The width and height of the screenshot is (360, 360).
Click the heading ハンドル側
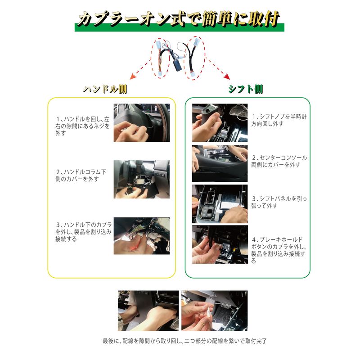pyautogui.click(x=105, y=89)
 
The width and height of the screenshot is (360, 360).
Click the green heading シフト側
pyautogui.click(x=246, y=89)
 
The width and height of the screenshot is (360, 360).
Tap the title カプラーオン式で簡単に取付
pyautogui.click(x=179, y=19)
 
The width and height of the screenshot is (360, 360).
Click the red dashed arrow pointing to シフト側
pyautogui.click(x=218, y=68)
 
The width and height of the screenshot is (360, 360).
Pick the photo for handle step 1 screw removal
pyautogui.click(x=142, y=123)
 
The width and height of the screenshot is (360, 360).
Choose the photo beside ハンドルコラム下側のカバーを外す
pyautogui.click(x=142, y=179)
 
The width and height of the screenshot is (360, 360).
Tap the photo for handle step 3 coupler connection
pyautogui.click(x=142, y=236)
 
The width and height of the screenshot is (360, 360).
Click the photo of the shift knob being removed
pyautogui.click(x=220, y=123)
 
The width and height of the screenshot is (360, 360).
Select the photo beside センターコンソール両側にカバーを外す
pyautogui.click(x=220, y=163)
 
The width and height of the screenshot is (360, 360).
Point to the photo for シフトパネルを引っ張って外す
pyautogui.click(x=220, y=204)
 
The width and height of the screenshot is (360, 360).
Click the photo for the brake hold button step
pyautogui.click(x=220, y=244)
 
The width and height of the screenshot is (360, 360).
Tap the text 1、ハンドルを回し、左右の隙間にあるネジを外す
pyautogui.click(x=83, y=126)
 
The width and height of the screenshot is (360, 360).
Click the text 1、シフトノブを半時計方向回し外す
pyautogui.click(x=279, y=120)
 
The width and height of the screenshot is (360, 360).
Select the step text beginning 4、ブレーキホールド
pyautogui.click(x=279, y=250)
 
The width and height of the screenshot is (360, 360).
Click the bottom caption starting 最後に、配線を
pyautogui.click(x=185, y=341)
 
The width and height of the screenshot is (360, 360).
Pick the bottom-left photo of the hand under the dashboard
pyautogui.click(x=148, y=310)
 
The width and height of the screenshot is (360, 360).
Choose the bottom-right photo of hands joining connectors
pyautogui.click(x=215, y=310)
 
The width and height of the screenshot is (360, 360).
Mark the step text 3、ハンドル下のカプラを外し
pyautogui.click(x=83, y=232)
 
